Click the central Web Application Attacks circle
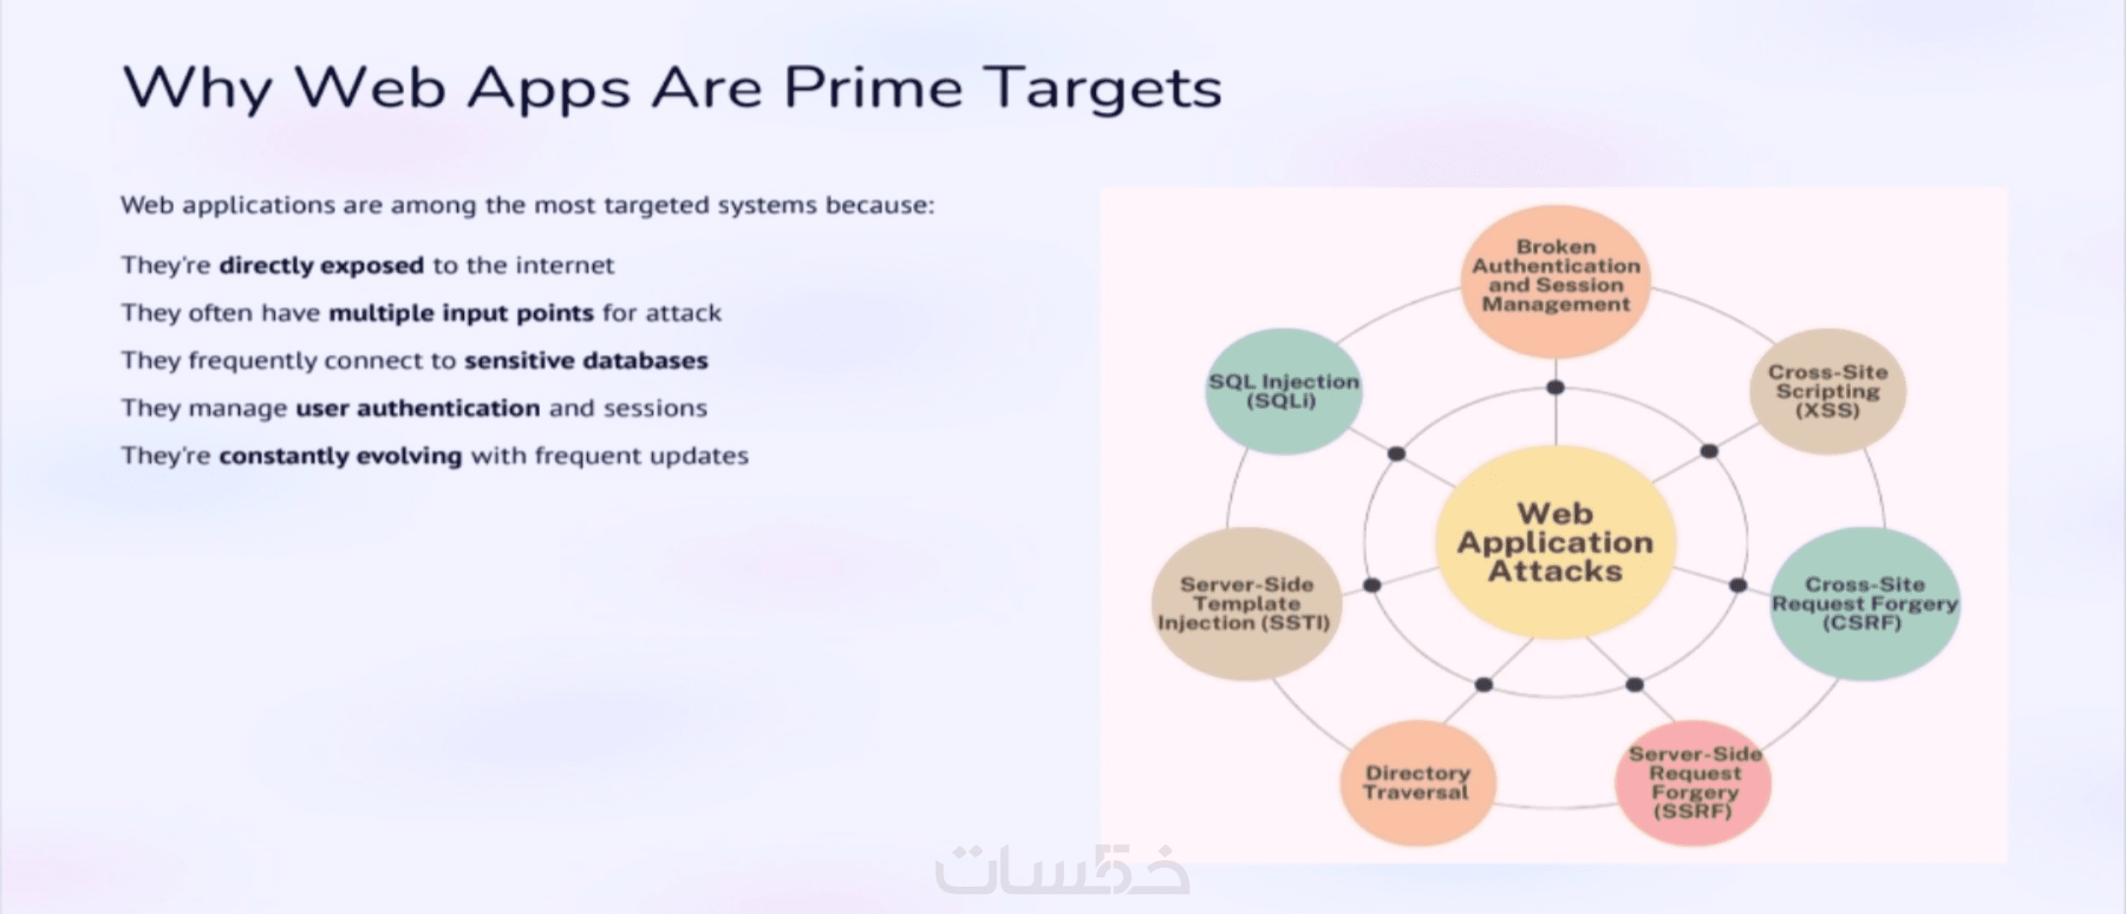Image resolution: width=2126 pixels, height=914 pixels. (1555, 542)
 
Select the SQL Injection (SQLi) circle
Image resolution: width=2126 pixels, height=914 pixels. (1283, 391)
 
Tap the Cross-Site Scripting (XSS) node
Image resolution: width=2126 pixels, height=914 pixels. (1827, 391)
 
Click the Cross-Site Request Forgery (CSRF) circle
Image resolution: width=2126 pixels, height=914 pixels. (1864, 604)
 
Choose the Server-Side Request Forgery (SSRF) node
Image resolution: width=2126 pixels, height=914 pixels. (1693, 782)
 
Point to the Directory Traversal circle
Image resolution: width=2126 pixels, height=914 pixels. (1417, 782)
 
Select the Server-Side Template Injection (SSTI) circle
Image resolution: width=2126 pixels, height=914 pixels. (1246, 604)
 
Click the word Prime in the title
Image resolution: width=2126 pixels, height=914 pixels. (873, 88)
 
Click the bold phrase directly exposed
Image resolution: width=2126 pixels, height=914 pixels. (321, 266)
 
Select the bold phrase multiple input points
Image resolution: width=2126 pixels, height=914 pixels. (461, 313)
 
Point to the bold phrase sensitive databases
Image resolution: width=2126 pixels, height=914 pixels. (585, 361)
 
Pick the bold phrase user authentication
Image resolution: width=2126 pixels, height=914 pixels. (418, 408)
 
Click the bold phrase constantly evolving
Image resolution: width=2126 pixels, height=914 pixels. (340, 456)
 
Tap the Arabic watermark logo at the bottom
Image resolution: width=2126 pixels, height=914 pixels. (1062, 869)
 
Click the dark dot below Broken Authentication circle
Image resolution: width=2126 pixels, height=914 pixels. (1556, 388)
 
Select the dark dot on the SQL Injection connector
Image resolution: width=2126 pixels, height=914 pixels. (1396, 454)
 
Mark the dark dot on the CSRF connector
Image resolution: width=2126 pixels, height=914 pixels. (1738, 584)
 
